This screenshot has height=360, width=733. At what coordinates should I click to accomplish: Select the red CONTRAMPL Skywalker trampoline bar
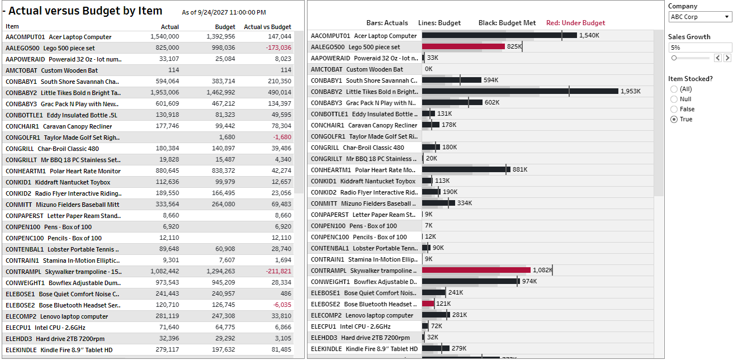click(475, 270)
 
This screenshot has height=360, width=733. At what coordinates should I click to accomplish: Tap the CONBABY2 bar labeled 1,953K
click(520, 91)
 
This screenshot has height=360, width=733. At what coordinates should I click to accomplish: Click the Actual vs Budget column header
click(267, 27)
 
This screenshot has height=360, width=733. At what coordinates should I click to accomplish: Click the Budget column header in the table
click(225, 27)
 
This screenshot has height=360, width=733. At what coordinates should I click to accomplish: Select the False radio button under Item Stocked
click(674, 109)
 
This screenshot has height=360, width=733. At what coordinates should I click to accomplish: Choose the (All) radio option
click(674, 89)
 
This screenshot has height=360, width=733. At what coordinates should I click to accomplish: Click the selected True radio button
click(674, 119)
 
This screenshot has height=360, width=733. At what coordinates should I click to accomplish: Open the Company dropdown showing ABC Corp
click(699, 17)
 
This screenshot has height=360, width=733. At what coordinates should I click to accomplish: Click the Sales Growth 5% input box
click(699, 48)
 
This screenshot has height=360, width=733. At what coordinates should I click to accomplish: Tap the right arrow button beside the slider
click(727, 58)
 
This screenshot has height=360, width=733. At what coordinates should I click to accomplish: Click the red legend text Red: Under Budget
click(575, 23)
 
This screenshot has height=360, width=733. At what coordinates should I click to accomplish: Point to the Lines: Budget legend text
click(439, 23)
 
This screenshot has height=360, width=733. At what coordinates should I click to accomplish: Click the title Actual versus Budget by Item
click(85, 11)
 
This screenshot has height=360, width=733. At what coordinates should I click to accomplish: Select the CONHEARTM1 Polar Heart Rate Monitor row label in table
click(63, 171)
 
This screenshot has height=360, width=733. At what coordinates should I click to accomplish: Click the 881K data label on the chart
click(520, 169)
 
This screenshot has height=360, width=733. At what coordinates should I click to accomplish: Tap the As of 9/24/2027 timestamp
click(224, 12)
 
